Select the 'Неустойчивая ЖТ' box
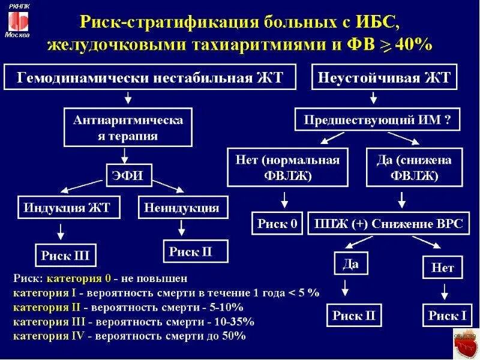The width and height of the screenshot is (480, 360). click(385, 78)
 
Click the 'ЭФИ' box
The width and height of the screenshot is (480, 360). click(128, 175)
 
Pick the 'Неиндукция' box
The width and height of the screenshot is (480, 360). click(181, 208)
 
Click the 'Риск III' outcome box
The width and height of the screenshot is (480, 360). click(65, 255)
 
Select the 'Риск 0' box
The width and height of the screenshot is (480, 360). click(277, 223)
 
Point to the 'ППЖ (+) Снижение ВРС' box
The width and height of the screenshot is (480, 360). click(389, 223)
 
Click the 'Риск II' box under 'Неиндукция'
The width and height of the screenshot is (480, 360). click(190, 251)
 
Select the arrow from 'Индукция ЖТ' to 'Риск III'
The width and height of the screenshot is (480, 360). click(60, 231)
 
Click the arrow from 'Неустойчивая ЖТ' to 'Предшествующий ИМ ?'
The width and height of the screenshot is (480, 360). click(374, 98)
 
